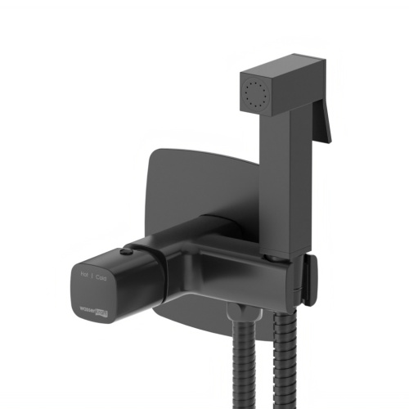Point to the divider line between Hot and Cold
tap(93, 278)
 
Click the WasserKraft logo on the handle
tap(92, 310)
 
